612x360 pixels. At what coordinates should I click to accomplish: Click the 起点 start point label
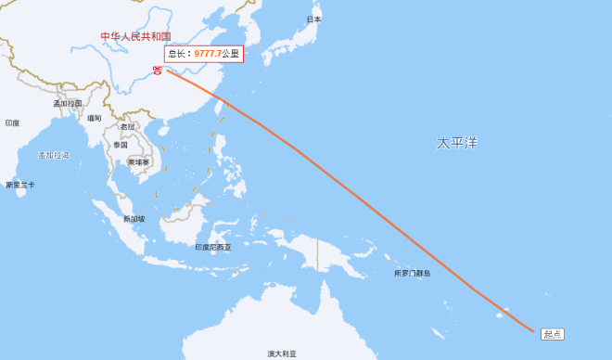[x=553, y=334]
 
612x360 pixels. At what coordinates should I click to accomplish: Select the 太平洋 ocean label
[x=457, y=143]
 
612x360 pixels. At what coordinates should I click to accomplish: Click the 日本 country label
[x=314, y=19]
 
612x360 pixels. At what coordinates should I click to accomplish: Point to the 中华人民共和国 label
[x=136, y=36]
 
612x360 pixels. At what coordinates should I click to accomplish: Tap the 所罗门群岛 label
[x=412, y=274]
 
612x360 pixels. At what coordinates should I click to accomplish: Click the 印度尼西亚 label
[x=213, y=248]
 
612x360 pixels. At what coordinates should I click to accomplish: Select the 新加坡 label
[x=134, y=219]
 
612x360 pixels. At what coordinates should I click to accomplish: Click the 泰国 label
[x=121, y=145]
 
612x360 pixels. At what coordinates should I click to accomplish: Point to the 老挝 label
[x=127, y=127]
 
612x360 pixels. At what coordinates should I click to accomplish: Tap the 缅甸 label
[x=95, y=118]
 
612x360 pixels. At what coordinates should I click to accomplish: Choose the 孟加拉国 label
[x=68, y=103]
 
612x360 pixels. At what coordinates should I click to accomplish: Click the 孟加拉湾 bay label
[x=54, y=154]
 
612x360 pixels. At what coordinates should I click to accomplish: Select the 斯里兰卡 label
[x=19, y=186]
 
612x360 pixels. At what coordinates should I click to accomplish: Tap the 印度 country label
[x=12, y=122]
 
